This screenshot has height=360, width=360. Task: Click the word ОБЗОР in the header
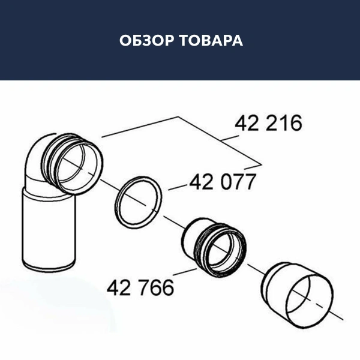[x=141, y=41]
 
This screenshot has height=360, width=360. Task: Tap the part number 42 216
[x=269, y=124]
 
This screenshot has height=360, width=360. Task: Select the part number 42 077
[x=223, y=181]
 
